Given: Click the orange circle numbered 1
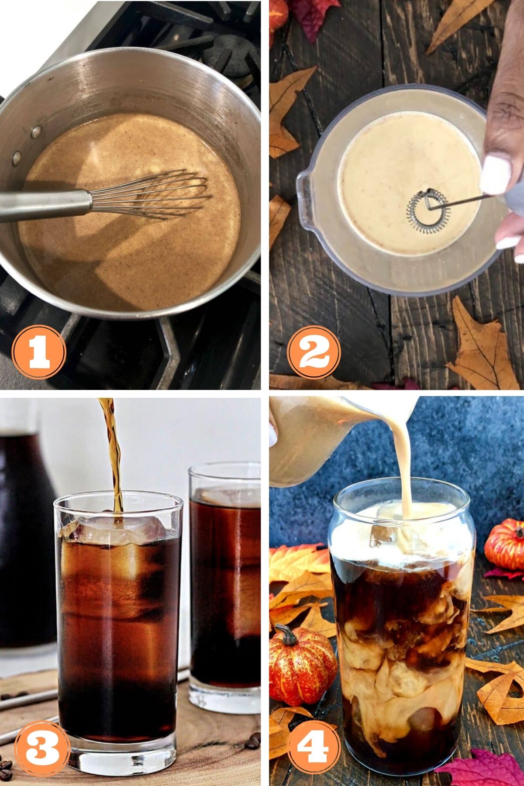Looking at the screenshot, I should (x=39, y=352).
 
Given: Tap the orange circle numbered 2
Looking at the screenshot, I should (x=314, y=352).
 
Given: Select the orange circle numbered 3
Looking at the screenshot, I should (x=42, y=747).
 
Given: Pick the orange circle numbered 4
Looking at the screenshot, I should (x=313, y=747).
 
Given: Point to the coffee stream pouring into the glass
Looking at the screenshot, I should (x=115, y=454).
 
